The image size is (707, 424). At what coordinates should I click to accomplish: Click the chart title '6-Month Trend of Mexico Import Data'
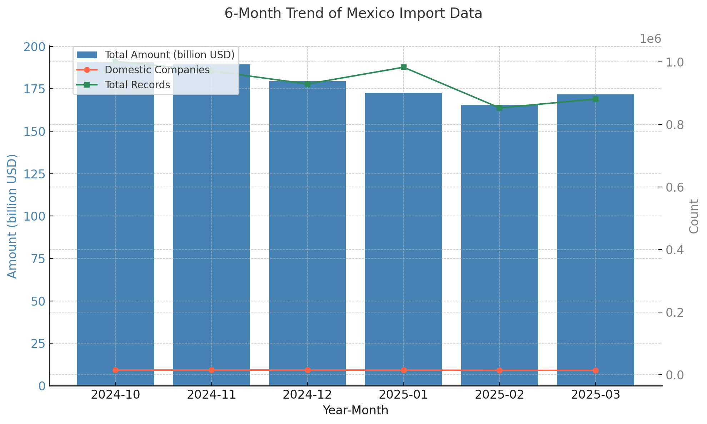click(x=353, y=14)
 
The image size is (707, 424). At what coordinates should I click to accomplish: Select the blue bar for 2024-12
click(x=307, y=232)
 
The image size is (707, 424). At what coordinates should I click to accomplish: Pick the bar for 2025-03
click(x=596, y=240)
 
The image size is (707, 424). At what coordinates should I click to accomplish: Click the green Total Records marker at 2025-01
click(x=404, y=67)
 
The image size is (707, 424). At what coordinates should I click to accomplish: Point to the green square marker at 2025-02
click(x=499, y=108)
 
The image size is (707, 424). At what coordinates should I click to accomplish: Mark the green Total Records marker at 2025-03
click(x=596, y=99)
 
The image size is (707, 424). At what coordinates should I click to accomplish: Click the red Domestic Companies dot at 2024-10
click(x=115, y=370)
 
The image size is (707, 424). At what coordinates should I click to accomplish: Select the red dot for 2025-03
click(x=596, y=370)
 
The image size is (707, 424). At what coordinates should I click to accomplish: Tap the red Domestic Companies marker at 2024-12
click(x=308, y=370)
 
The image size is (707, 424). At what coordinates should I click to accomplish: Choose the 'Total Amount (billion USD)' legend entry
click(x=169, y=55)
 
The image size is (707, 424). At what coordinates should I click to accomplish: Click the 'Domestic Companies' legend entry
click(x=157, y=70)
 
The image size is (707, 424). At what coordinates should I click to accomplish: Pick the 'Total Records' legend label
click(x=137, y=85)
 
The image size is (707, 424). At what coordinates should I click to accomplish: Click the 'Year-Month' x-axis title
click(x=355, y=410)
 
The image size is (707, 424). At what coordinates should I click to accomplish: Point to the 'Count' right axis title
click(x=693, y=216)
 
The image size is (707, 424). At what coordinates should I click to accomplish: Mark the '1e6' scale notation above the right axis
click(x=650, y=39)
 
